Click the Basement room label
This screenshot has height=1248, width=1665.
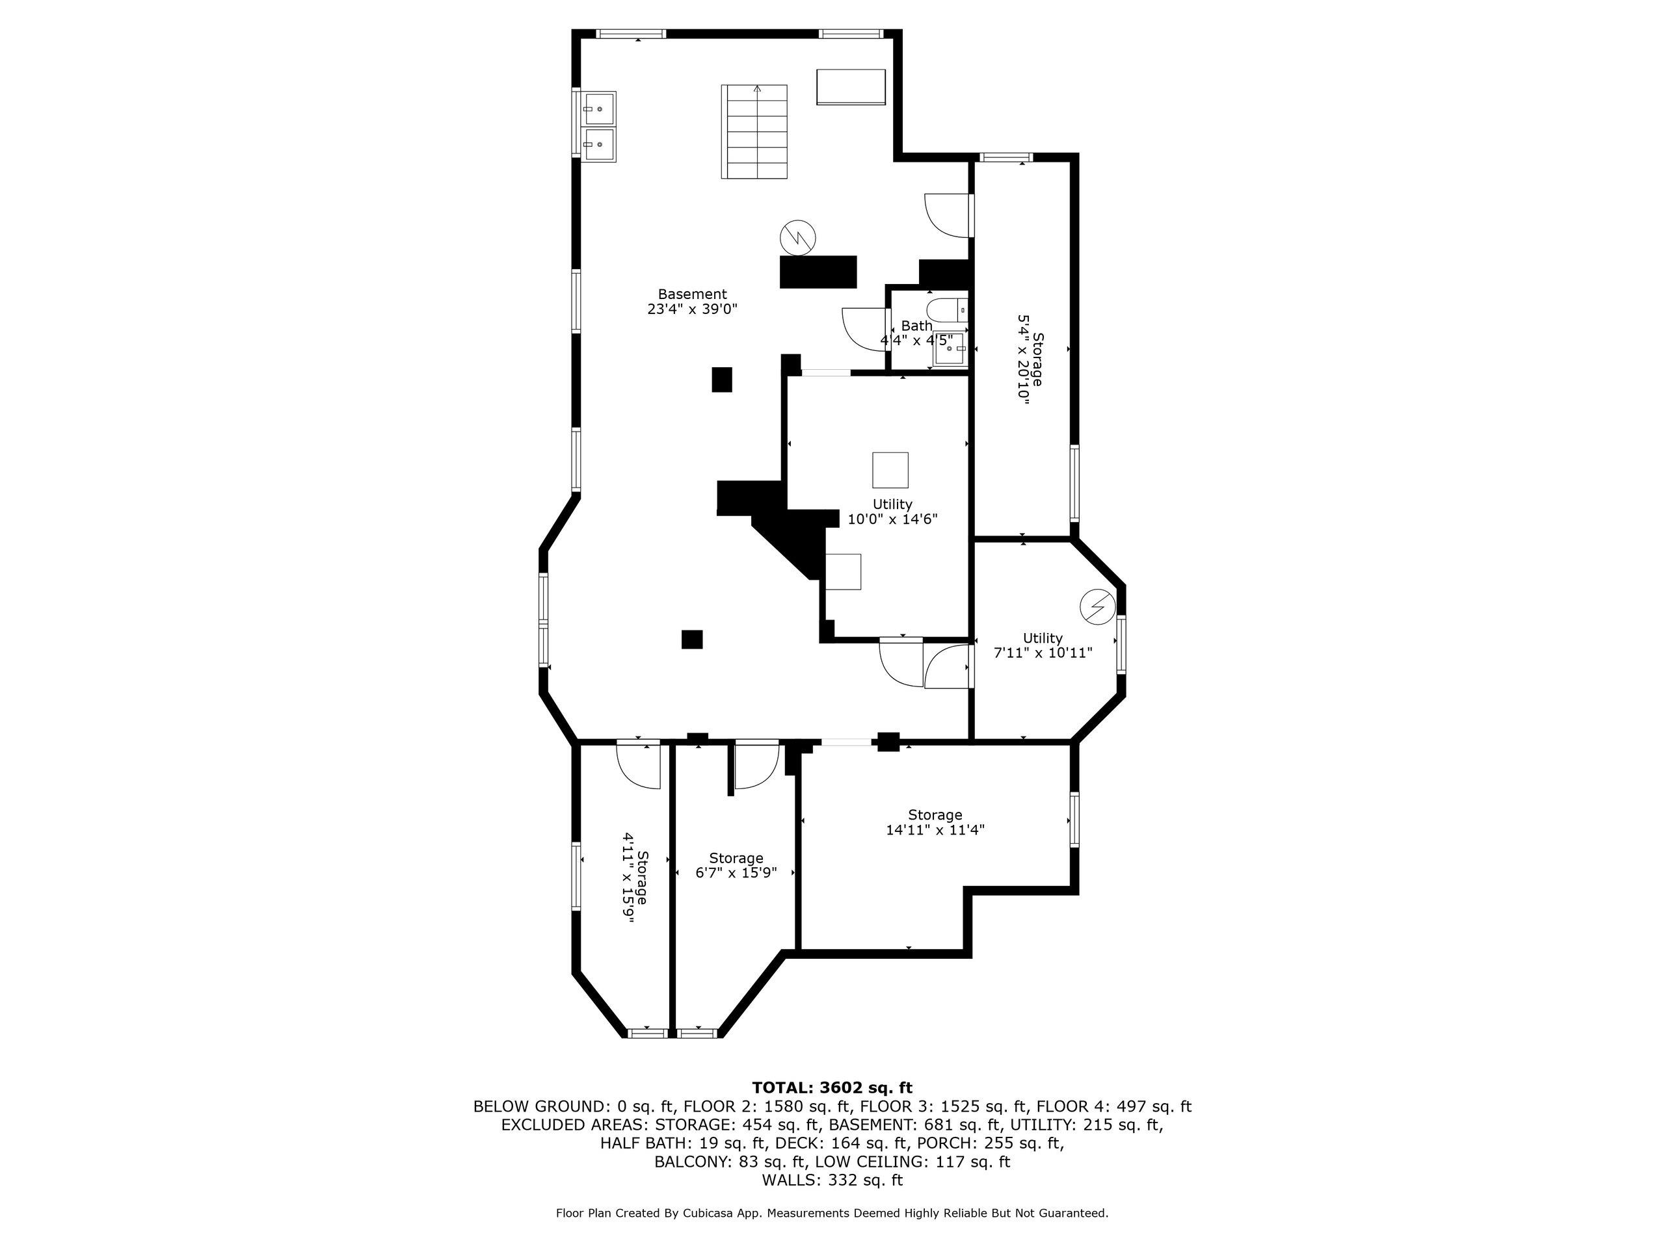tap(692, 294)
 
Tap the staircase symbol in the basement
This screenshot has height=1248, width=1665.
tap(754, 132)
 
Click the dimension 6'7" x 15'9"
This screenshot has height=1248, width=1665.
tap(736, 872)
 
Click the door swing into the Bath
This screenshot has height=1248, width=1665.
tap(862, 329)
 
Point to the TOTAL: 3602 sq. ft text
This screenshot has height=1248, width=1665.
tap(832, 1087)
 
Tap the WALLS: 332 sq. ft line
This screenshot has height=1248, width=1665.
tap(832, 1180)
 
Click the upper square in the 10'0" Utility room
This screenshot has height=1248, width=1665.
tap(890, 470)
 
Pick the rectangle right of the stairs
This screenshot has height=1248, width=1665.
tap(851, 87)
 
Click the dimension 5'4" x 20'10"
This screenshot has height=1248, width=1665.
tap(1024, 360)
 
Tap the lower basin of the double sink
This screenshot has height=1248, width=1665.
tap(599, 144)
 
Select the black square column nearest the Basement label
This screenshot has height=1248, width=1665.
tap(722, 379)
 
